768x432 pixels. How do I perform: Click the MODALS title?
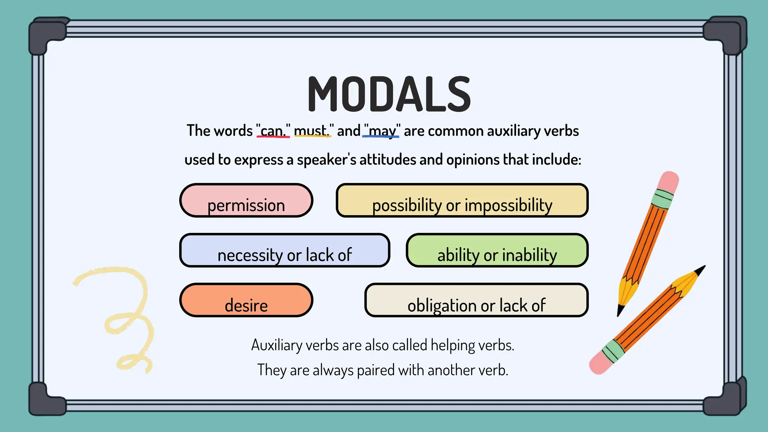(389, 94)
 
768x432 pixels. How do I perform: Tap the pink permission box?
(246, 201)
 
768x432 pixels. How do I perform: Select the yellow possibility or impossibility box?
(462, 201)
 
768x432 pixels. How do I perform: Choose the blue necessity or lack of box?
(285, 250)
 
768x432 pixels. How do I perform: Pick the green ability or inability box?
(497, 250)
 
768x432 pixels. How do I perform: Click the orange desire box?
(246, 300)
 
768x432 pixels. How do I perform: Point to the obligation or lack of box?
(476, 300)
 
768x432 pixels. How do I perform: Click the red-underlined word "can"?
(273, 131)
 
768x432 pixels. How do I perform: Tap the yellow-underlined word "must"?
(311, 131)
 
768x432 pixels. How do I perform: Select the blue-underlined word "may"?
(382, 131)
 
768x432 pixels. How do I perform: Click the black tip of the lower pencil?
(700, 270)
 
